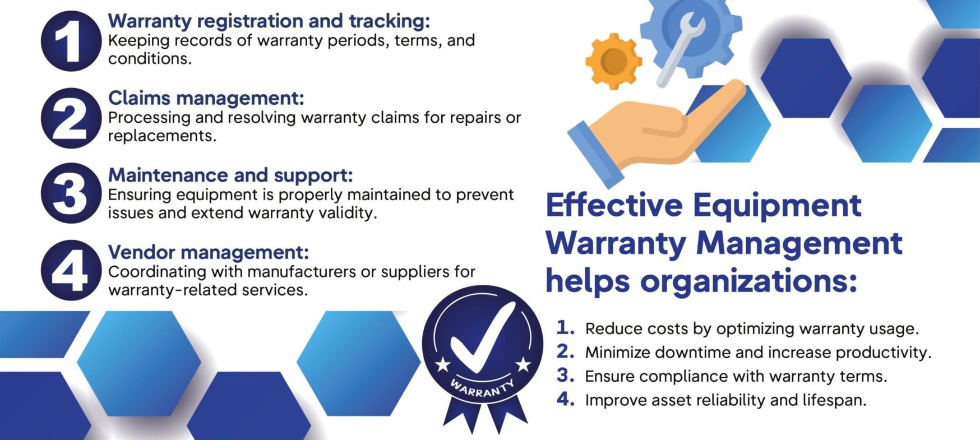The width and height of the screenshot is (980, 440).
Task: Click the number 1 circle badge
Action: [x=71, y=41]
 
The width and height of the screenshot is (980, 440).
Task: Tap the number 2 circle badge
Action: [x=71, y=118]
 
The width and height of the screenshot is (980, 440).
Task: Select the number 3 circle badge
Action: [x=71, y=194]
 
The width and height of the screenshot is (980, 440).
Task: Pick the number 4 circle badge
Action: [x=71, y=271]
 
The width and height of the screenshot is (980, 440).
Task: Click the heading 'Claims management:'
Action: [x=206, y=98]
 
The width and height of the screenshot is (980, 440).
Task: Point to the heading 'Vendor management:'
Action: [x=208, y=252]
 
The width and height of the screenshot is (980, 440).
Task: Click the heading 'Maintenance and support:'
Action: [x=230, y=175]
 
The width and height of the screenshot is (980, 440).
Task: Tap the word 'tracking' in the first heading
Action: [x=389, y=21]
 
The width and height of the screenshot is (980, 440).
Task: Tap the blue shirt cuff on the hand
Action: [x=595, y=155]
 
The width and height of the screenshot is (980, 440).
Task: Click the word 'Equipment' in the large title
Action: [x=777, y=206]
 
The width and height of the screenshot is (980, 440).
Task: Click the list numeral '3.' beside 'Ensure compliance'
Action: [x=566, y=375]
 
